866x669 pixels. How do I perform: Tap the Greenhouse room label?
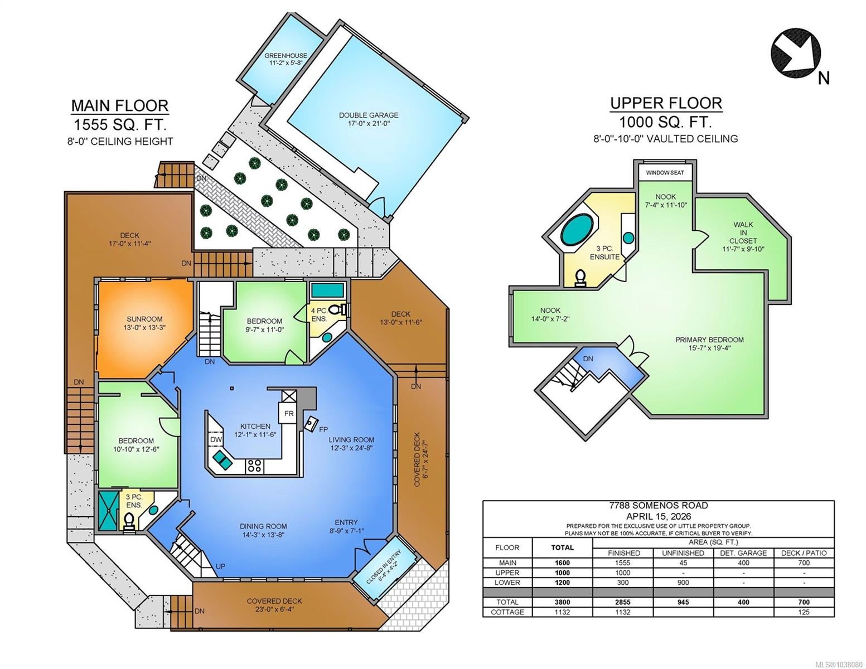[x=286, y=59]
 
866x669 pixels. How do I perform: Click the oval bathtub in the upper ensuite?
[x=577, y=230]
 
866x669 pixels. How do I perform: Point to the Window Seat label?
[x=665, y=172]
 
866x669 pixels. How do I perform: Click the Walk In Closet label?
[x=743, y=237]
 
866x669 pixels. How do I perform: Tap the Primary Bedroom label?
[x=709, y=343]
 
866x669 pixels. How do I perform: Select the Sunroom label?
[x=144, y=323]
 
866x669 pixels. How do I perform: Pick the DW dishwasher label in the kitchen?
[x=216, y=439]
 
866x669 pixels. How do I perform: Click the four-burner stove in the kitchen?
[x=255, y=466]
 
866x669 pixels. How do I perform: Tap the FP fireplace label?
[x=323, y=429]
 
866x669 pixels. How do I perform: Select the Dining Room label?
[x=263, y=530]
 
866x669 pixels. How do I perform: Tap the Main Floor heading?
[x=119, y=105]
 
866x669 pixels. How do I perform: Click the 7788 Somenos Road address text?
[x=658, y=505]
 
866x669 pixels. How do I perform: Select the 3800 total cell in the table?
[x=562, y=602]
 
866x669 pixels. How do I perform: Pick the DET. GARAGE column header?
[x=743, y=553]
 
